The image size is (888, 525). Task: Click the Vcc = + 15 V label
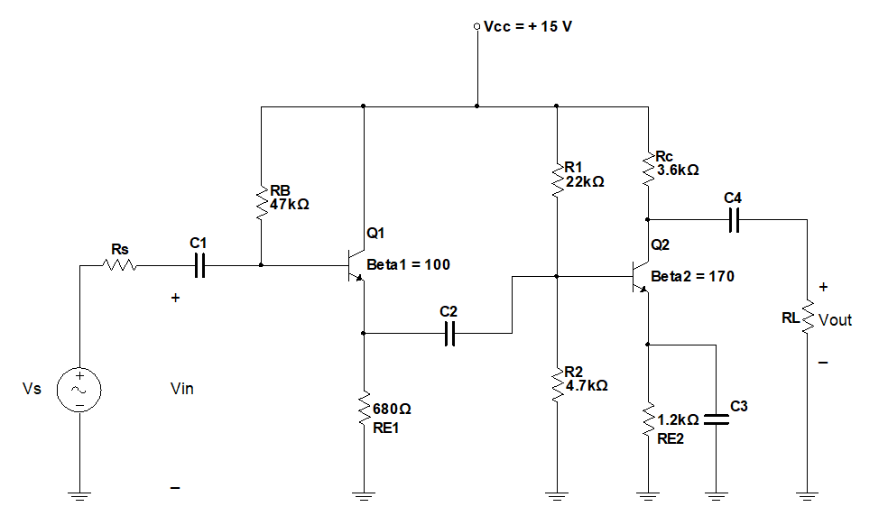pyautogui.click(x=528, y=26)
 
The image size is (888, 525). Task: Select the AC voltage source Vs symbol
pyautogui.click(x=79, y=390)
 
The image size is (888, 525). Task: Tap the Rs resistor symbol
pyautogui.click(x=120, y=265)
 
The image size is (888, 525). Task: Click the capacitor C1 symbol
pyautogui.click(x=199, y=265)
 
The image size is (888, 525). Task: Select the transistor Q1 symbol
pyautogui.click(x=354, y=265)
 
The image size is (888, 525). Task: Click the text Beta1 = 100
pyautogui.click(x=408, y=265)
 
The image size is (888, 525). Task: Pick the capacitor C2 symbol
pyautogui.click(x=449, y=334)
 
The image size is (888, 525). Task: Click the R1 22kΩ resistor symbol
pyautogui.click(x=558, y=175)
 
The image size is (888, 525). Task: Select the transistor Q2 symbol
pyautogui.click(x=639, y=276)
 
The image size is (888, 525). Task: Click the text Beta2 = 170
pyautogui.click(x=692, y=276)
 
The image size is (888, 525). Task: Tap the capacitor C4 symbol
pyautogui.click(x=733, y=219)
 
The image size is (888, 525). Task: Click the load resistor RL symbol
pyautogui.click(x=808, y=319)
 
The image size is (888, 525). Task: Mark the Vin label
pyautogui.click(x=181, y=389)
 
